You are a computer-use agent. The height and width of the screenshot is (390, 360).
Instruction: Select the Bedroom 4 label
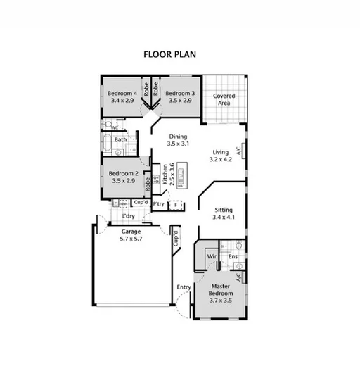(x=122, y=93)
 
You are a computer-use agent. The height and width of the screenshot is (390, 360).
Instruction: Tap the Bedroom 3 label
(x=179, y=93)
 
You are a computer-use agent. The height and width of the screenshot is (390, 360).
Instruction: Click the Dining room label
(x=177, y=137)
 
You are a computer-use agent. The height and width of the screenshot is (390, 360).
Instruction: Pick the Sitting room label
(x=224, y=210)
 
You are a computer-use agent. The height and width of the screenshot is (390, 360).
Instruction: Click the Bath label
(x=121, y=140)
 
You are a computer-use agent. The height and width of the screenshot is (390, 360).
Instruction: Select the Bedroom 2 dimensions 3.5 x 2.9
(x=123, y=181)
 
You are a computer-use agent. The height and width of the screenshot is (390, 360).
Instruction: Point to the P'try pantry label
(x=159, y=203)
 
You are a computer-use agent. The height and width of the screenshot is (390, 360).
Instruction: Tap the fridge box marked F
(x=176, y=205)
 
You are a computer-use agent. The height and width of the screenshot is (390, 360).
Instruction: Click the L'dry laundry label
(x=129, y=216)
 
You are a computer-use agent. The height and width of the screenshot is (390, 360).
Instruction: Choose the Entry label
(x=184, y=287)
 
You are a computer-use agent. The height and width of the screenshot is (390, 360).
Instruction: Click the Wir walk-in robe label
(x=211, y=257)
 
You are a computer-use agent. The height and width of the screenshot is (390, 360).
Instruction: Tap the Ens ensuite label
(x=233, y=257)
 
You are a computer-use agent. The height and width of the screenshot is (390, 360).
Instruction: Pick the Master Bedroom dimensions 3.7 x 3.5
(x=220, y=301)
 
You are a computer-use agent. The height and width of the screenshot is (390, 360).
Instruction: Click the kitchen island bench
(x=182, y=175)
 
